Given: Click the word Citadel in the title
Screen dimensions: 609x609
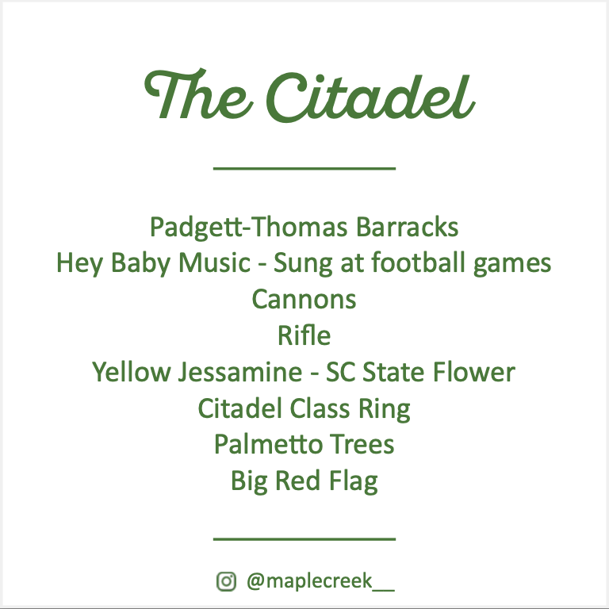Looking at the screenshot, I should click(x=368, y=97).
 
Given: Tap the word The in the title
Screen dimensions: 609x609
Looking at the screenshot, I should click(x=199, y=94).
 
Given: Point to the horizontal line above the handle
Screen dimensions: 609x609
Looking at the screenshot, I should click(x=304, y=539).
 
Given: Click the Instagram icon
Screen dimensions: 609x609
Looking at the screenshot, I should click(x=226, y=581).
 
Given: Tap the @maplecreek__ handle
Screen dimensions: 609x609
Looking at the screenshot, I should click(x=320, y=581).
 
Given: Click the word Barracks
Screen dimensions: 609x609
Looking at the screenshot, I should click(x=407, y=228).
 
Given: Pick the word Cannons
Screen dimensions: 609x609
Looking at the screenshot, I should click(x=304, y=300).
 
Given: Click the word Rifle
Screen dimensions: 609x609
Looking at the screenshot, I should click(x=304, y=336).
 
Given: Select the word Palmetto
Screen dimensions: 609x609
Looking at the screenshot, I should click(x=260, y=444).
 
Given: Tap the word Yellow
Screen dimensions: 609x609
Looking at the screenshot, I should click(x=128, y=372).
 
